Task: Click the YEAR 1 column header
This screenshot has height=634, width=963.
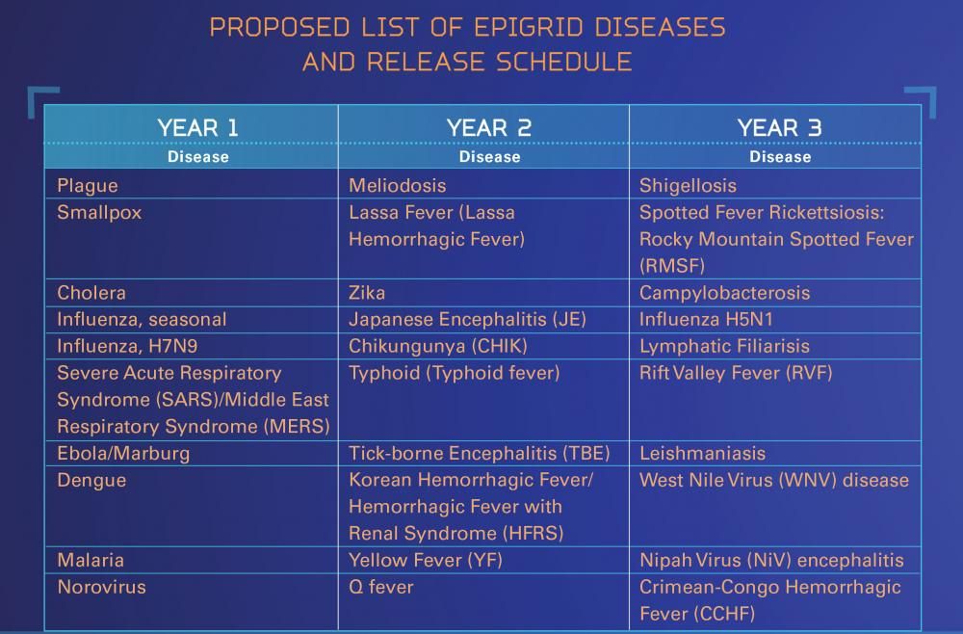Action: [x=197, y=127]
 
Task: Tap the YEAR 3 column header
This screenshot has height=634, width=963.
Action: [x=779, y=127]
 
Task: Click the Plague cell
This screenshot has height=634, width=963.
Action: [x=88, y=185]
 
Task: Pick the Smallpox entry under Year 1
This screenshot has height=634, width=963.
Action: [x=99, y=212]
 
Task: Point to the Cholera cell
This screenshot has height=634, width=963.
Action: [x=91, y=292]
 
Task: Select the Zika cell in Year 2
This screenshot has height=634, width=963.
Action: [x=367, y=292]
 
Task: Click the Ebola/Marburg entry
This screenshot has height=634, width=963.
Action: [x=123, y=453]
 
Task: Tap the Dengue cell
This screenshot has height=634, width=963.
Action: [x=91, y=480]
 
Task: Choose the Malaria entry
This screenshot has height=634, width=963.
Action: [x=91, y=560]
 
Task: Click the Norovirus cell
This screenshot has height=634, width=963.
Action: [x=101, y=586]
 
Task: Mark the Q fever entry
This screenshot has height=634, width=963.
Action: [x=380, y=586]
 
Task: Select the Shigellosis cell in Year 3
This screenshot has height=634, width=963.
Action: [x=688, y=185]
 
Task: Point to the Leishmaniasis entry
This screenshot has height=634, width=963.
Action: [x=702, y=453]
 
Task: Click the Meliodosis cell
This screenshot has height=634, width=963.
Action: [x=397, y=185]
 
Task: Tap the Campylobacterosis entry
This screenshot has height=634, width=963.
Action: [x=724, y=292]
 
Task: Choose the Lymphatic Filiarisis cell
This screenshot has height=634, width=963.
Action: [x=724, y=346]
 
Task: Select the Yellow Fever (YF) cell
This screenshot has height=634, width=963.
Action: [x=426, y=560]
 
